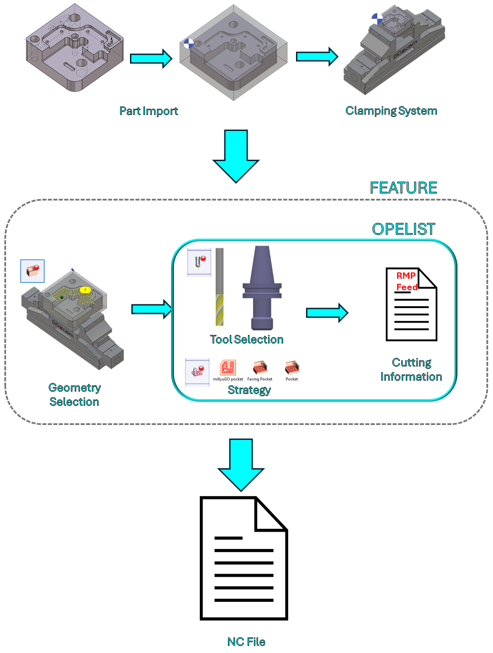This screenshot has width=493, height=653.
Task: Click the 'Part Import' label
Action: [149, 111]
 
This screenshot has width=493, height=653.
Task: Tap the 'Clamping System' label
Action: [391, 111]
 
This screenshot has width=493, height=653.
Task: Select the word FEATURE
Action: [403, 188]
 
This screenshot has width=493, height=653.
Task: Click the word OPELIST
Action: [404, 229]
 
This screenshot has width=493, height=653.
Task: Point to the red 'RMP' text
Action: [406, 276]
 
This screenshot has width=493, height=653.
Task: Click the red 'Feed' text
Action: [407, 287]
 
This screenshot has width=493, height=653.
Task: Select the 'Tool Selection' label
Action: [247, 340]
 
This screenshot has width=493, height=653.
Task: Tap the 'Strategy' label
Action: [249, 390]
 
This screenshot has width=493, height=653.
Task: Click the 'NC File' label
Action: [246, 642]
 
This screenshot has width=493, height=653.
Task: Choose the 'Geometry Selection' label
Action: [74, 395]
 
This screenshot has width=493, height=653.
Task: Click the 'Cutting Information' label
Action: [411, 370]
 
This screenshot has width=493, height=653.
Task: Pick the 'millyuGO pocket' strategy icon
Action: [228, 370]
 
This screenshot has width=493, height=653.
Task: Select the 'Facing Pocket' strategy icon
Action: [260, 370]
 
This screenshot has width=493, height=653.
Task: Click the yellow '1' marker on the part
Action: [85, 290]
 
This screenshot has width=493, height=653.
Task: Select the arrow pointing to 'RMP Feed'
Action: [327, 313]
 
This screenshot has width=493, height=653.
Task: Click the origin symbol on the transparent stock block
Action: [188, 44]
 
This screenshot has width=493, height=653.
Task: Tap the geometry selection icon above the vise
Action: [32, 271]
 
